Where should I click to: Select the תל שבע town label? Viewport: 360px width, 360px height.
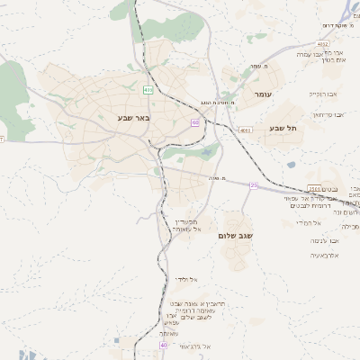click(x=282, y=129)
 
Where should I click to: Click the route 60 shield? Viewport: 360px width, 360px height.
click(x=194, y=122)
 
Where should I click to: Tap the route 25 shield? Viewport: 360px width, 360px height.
click(x=254, y=185)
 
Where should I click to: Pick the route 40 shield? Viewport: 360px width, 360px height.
click(x=163, y=345)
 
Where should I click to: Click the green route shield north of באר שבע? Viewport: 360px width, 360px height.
click(x=148, y=89)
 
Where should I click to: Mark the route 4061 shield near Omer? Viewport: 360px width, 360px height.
click(x=246, y=130)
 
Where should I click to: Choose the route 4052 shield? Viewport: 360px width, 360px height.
click(x=322, y=43)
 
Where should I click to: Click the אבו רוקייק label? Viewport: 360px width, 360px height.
click(x=322, y=94)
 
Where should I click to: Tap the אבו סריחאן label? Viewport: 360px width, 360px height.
click(x=328, y=114)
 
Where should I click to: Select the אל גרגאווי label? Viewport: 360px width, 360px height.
click(x=194, y=346)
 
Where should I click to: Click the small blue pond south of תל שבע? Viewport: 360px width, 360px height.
click(x=291, y=165)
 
